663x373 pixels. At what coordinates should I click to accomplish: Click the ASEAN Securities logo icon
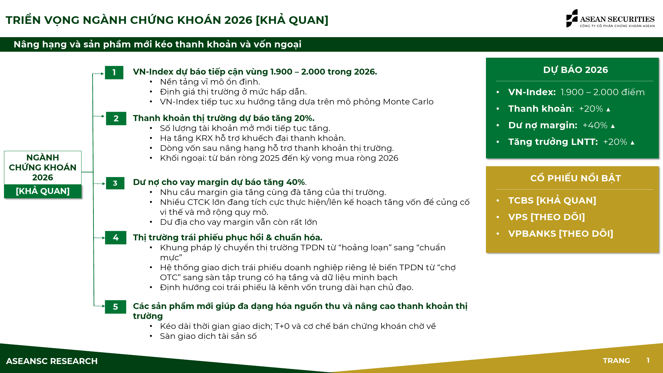click(572, 18)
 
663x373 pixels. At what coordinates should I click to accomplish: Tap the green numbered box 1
click(114, 72)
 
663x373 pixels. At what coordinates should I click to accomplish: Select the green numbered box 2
click(116, 118)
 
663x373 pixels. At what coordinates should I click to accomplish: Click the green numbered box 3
click(115, 183)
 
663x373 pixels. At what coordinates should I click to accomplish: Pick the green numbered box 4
click(116, 237)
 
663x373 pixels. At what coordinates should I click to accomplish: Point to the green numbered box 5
click(115, 307)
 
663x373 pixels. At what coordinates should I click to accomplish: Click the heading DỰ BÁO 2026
click(575, 70)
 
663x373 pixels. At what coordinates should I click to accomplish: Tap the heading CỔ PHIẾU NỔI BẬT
click(575, 178)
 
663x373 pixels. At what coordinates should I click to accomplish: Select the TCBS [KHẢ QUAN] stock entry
click(552, 200)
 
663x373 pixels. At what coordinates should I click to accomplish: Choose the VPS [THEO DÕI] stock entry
click(546, 217)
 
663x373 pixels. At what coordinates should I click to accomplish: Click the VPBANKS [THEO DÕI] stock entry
click(561, 233)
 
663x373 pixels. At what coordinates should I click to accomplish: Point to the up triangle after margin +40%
click(613, 126)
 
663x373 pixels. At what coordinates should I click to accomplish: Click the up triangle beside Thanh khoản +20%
click(608, 109)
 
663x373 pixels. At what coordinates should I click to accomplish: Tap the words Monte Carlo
click(408, 101)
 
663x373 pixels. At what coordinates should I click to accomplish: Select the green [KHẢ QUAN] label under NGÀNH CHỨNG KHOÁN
click(43, 191)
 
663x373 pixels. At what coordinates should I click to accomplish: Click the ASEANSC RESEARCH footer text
click(52, 361)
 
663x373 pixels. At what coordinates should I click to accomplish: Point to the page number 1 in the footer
click(648, 360)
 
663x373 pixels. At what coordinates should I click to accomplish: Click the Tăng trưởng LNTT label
click(553, 142)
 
